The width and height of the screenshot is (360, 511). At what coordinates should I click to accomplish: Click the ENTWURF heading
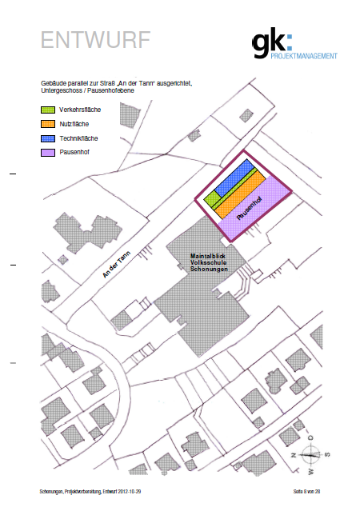pos(95,40)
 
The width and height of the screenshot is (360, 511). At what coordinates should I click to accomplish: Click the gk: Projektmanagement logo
pos(294,42)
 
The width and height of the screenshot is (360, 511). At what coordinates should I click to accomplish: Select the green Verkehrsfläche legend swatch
pos(48,110)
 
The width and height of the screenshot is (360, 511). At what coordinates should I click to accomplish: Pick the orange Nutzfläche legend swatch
pos(48,124)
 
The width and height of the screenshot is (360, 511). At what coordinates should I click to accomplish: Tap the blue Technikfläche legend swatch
pos(48,138)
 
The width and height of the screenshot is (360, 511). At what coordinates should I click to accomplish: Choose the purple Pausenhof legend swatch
pos(48,152)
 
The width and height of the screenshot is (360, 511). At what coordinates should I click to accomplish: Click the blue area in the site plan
pos(234,178)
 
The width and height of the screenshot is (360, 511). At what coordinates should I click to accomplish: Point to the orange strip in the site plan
pos(240,194)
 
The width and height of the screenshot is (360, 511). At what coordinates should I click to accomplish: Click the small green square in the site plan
pos(212,199)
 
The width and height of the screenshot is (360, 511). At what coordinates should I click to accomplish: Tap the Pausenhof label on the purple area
pos(250,208)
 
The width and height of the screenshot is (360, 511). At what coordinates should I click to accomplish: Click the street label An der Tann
pos(117,265)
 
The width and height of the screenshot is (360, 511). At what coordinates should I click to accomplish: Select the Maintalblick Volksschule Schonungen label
pos(209,262)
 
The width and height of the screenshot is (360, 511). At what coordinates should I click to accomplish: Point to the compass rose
pos(310,454)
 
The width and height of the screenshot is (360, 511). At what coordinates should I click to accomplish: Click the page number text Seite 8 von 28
pos(306,492)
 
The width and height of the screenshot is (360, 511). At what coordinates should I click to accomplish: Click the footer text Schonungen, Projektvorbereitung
pos(70,492)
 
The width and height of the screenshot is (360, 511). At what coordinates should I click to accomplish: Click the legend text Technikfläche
pos(78,138)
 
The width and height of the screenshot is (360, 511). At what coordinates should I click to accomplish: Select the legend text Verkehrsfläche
pos(80,110)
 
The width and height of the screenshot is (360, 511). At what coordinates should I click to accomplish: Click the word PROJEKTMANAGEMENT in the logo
pos(304,56)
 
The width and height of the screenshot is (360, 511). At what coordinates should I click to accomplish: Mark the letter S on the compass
pos(327,454)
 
